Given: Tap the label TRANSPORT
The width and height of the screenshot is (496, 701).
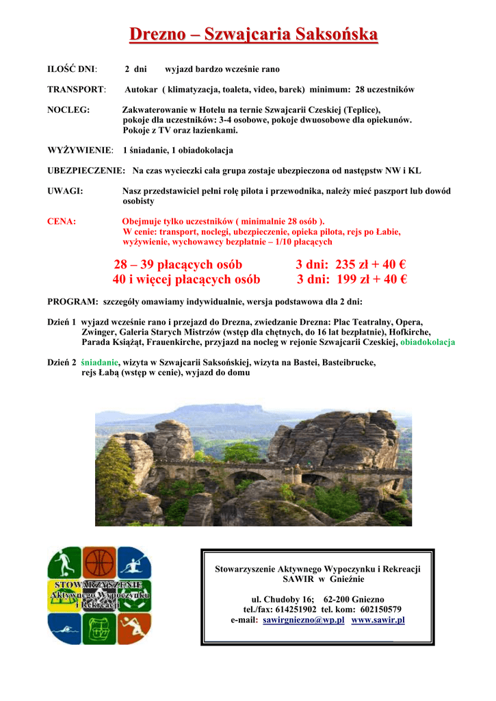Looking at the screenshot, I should pyautogui.click(x=76, y=90).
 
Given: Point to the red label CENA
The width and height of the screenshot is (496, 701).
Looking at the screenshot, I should pyautogui.click(x=61, y=221).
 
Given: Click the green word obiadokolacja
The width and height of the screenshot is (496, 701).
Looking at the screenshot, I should pyautogui.click(x=428, y=342).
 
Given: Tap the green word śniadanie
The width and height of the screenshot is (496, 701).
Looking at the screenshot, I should pyautogui.click(x=100, y=362).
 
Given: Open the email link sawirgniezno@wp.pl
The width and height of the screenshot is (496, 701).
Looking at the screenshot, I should pyautogui.click(x=303, y=620).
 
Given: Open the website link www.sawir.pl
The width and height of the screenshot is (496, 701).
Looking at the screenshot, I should pyautogui.click(x=378, y=620).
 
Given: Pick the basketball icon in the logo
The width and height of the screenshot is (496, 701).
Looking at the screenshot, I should pyautogui.click(x=100, y=563).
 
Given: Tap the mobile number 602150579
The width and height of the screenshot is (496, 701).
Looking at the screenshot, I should pyautogui.click(x=375, y=609).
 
